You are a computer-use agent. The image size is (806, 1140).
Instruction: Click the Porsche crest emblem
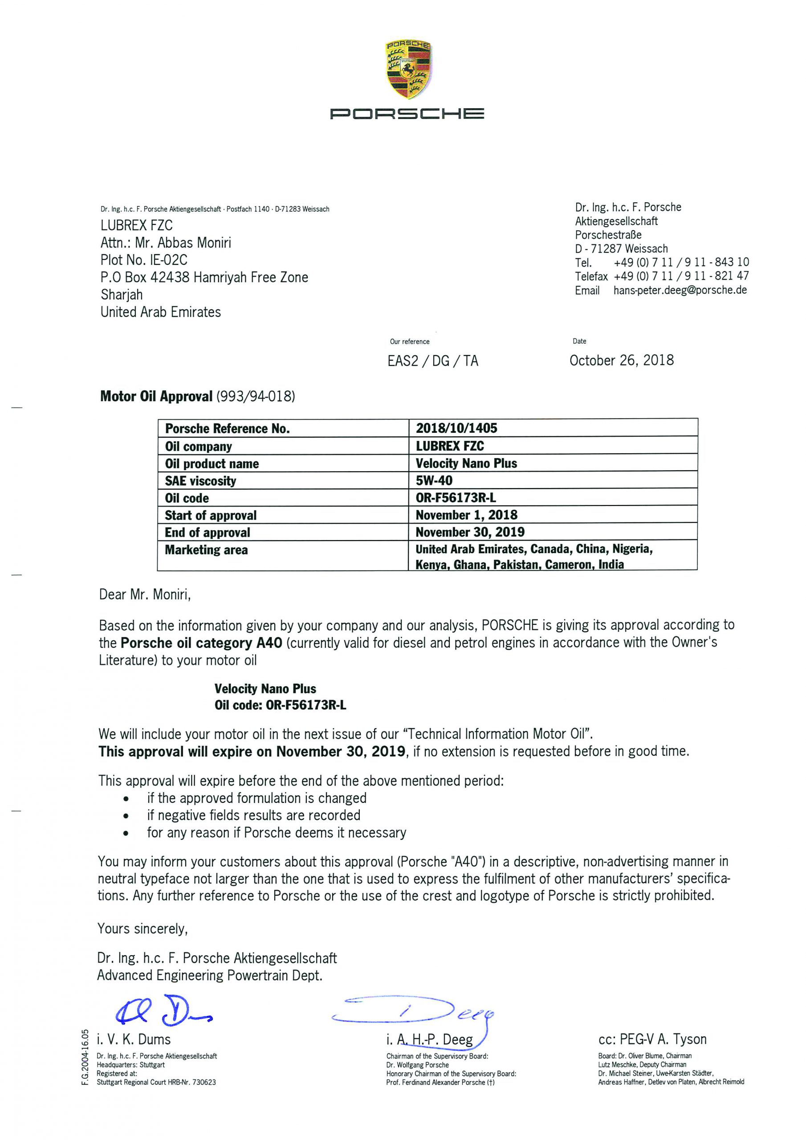tap(407, 69)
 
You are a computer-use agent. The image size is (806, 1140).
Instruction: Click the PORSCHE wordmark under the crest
tap(407, 114)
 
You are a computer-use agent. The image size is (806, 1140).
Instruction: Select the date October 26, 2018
tap(621, 360)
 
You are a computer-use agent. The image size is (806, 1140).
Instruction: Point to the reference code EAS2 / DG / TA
tap(432, 361)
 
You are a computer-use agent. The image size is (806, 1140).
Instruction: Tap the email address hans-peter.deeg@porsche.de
tap(680, 290)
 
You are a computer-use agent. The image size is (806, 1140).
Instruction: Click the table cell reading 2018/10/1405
tap(456, 428)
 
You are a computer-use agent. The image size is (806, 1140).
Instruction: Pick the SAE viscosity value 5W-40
tap(434, 480)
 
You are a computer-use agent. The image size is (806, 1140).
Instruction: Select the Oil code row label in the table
tap(187, 498)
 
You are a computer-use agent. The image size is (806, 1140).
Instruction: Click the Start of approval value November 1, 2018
tap(466, 515)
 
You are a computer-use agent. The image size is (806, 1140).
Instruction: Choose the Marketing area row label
tap(206, 550)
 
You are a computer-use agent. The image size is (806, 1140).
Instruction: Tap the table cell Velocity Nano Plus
tap(466, 463)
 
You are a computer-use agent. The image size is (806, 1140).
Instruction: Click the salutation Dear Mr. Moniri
tap(145, 594)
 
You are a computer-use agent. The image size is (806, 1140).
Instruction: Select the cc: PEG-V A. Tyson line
tap(652, 1039)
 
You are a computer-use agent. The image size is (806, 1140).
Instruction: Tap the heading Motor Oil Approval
tap(156, 396)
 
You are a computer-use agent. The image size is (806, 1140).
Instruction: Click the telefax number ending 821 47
tap(681, 276)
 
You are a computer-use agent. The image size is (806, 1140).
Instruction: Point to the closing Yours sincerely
tap(142, 928)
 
